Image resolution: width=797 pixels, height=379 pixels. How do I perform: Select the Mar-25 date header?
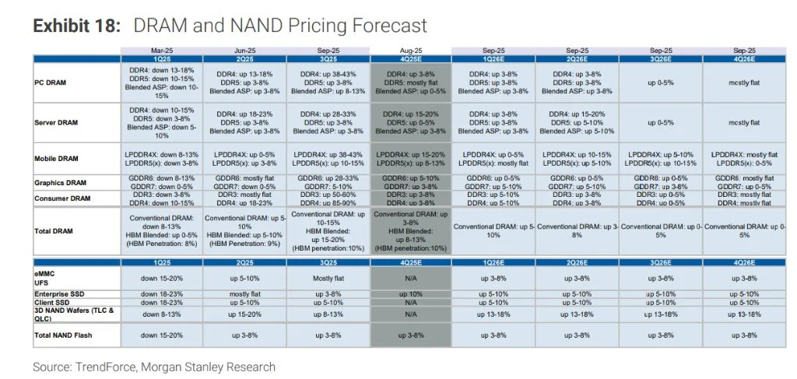(x=161, y=51)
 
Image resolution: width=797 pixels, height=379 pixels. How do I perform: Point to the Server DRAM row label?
(x=59, y=122)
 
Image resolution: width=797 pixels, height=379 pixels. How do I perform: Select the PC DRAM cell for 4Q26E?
(x=743, y=82)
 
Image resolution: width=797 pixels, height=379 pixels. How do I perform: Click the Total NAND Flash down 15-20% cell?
(x=161, y=334)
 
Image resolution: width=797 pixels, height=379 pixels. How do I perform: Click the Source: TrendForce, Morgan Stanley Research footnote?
(x=154, y=366)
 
